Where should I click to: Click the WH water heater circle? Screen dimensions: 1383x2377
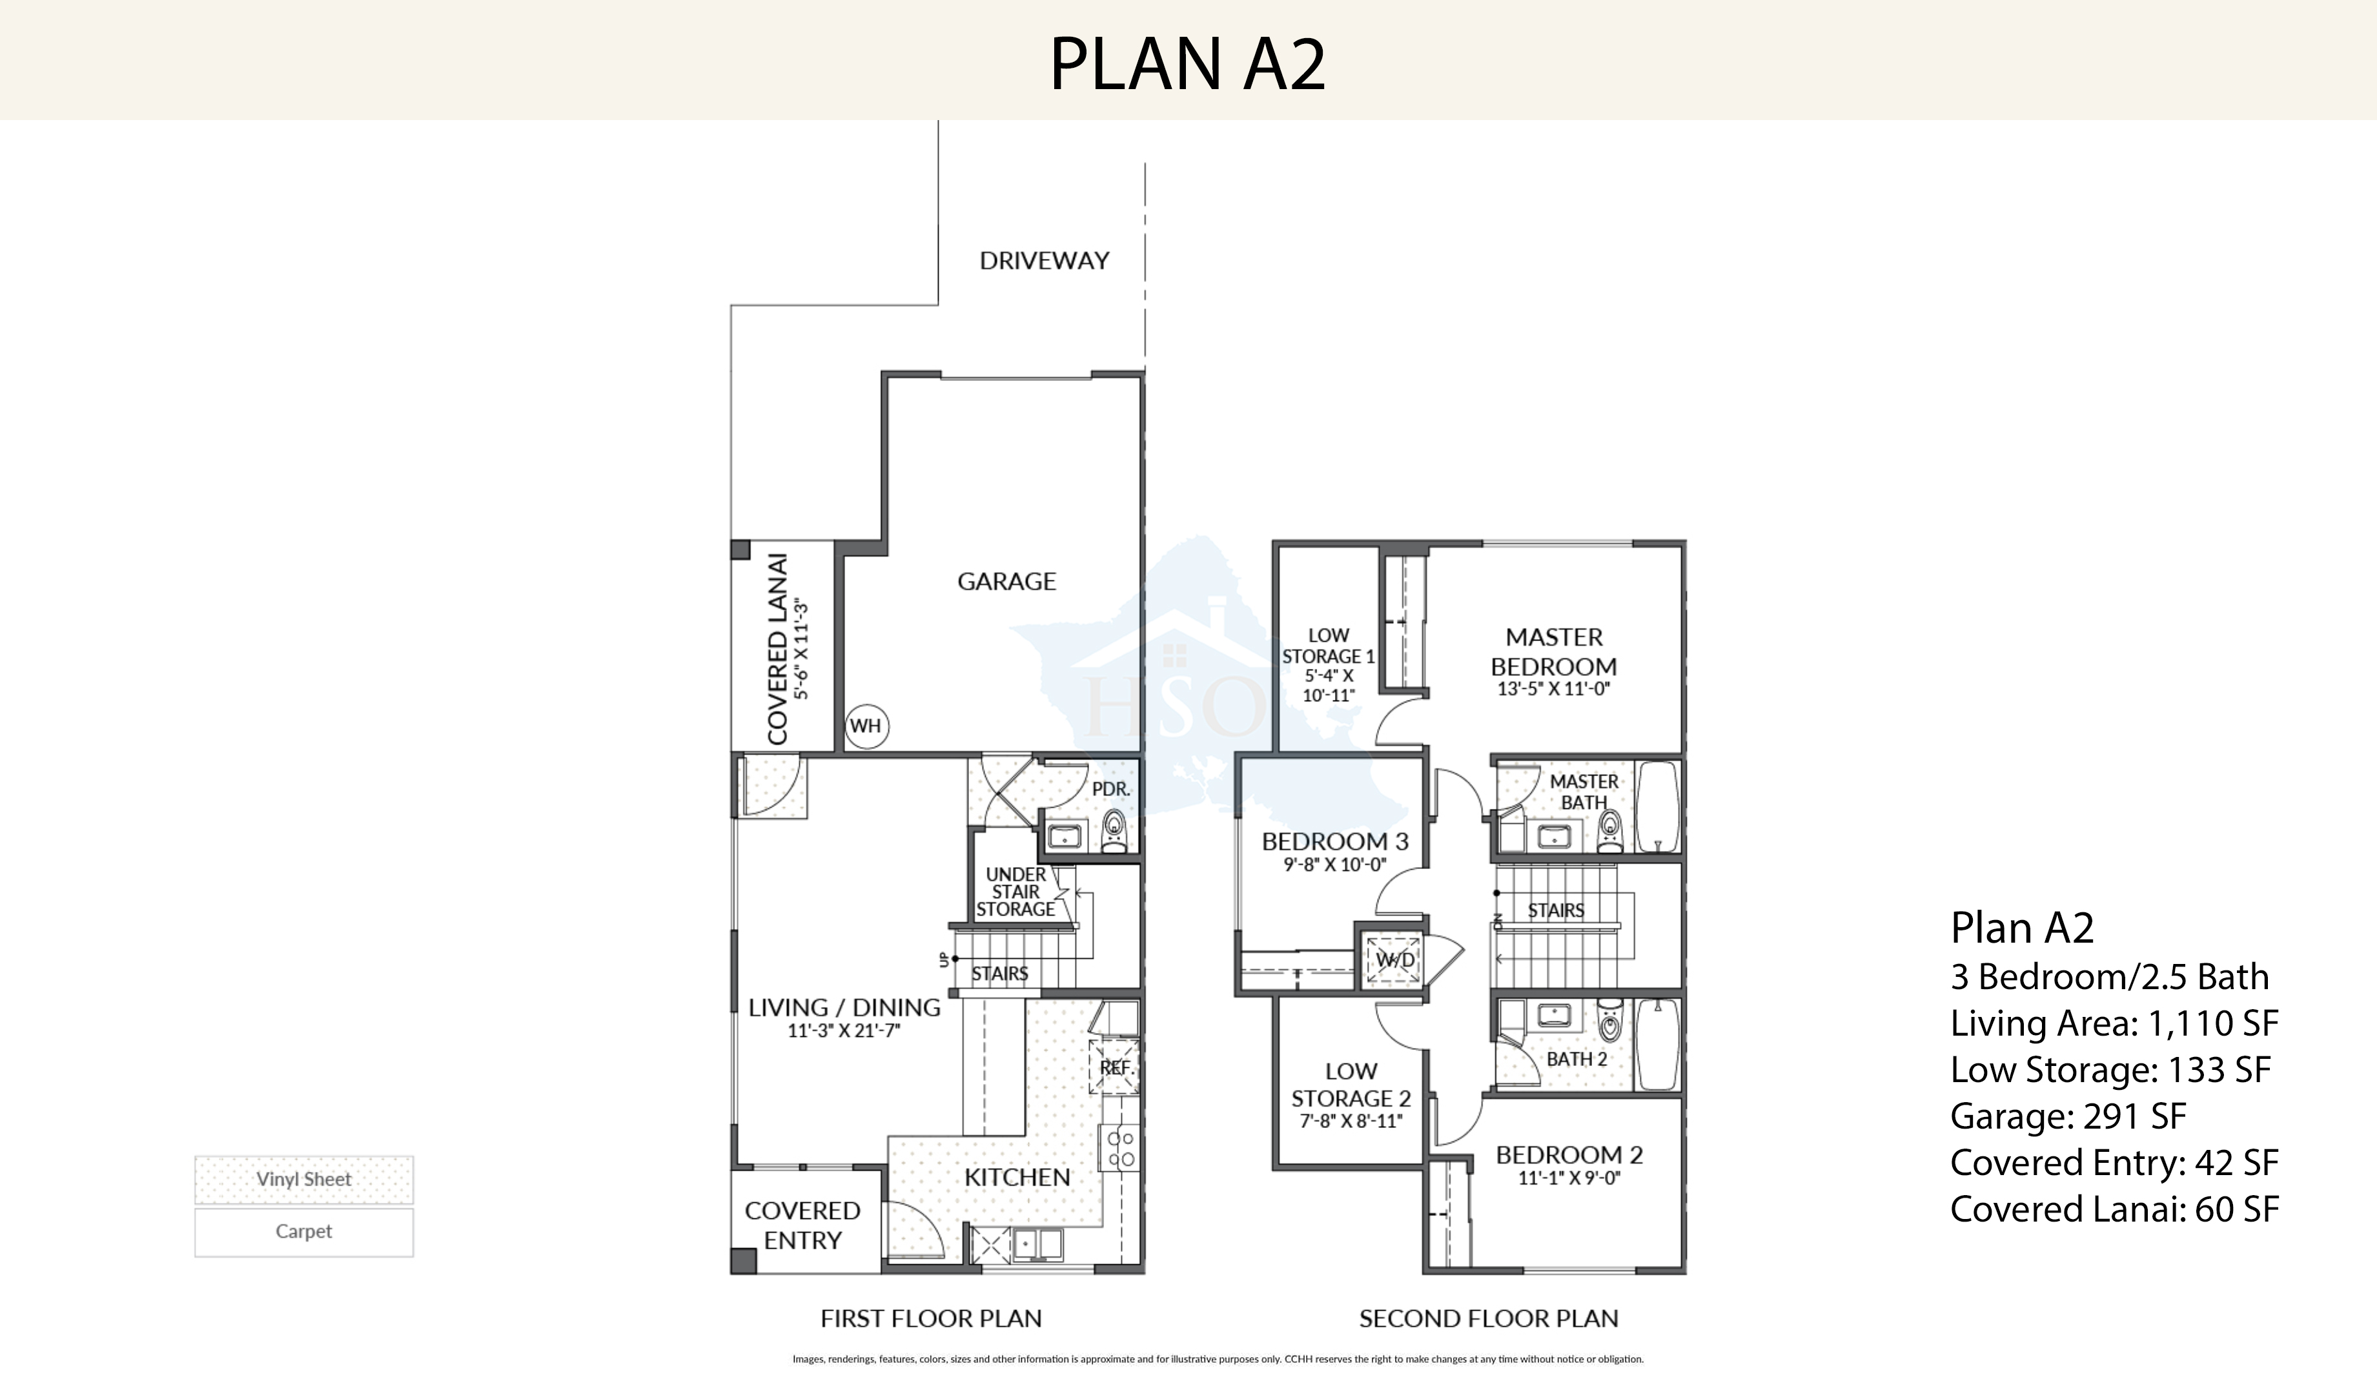pos(865,726)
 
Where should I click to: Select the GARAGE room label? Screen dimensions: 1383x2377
pos(1006,581)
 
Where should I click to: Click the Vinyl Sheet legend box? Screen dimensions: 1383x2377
pos(303,1179)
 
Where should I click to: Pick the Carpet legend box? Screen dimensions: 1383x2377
pos(303,1231)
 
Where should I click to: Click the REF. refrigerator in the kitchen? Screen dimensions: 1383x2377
pos(1115,1067)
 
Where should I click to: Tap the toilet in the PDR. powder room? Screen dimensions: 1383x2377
pos(1115,831)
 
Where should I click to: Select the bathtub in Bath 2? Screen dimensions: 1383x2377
pos(1657,1044)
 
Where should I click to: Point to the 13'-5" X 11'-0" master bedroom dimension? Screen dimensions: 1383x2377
pos(1553,689)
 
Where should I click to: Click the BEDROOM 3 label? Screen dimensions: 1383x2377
pos(1334,841)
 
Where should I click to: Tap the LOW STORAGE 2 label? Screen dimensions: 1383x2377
pos(1351,1085)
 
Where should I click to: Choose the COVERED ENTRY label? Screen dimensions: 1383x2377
pos(802,1225)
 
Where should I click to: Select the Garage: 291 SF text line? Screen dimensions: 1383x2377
pos(2068,1116)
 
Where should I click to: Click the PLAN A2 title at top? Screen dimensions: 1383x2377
pos(1188,64)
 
